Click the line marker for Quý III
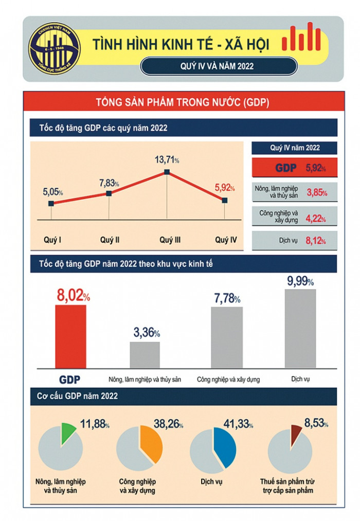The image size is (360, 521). pyautogui.click(x=167, y=172)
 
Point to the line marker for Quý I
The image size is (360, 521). pyautogui.click(x=51, y=204)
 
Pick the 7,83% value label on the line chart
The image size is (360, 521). pyautogui.click(x=109, y=183)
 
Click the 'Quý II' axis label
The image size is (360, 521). pyautogui.click(x=110, y=240)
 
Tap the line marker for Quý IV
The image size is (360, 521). pyautogui.click(x=225, y=200)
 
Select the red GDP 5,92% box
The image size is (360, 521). pyautogui.click(x=294, y=168)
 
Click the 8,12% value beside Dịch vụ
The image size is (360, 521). pyautogui.click(x=316, y=240)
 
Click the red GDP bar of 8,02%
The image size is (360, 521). pyautogui.click(x=70, y=336)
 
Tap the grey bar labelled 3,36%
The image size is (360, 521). pyautogui.click(x=145, y=355)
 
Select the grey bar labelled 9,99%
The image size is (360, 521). pyautogui.click(x=300, y=329)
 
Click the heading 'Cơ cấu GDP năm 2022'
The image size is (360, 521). pyautogui.click(x=78, y=396)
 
